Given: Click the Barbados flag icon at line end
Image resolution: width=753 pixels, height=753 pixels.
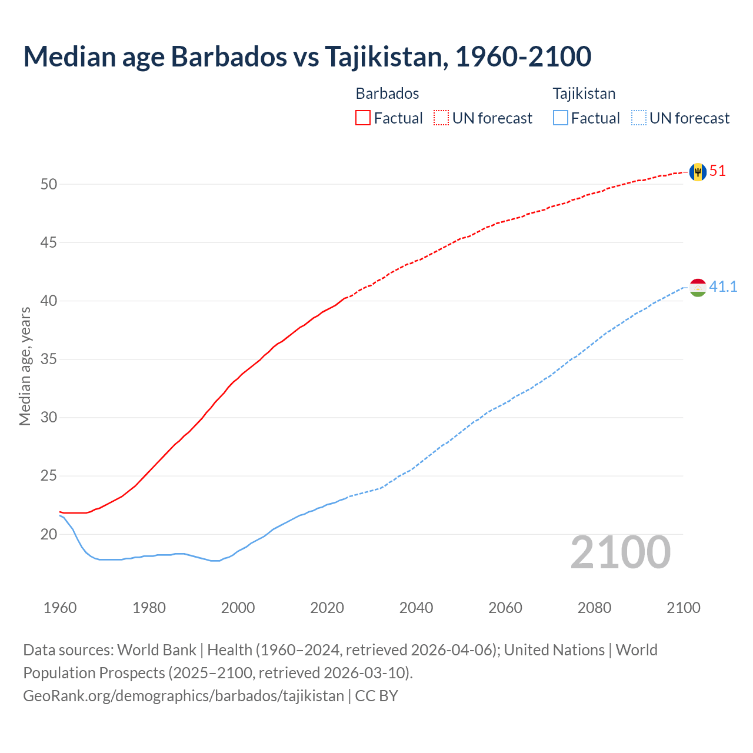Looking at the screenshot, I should [698, 172].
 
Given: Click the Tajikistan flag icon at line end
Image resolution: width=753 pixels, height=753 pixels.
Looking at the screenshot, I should [698, 288].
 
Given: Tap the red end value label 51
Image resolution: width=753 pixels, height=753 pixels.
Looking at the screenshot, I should [718, 171].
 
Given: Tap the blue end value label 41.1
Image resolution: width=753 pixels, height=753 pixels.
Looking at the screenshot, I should [723, 287].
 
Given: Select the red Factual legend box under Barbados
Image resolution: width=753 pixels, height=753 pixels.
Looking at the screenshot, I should [363, 118].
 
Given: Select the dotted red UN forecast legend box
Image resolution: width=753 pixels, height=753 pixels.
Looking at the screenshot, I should [441, 118].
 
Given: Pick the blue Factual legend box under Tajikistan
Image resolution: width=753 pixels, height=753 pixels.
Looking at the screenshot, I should [561, 118].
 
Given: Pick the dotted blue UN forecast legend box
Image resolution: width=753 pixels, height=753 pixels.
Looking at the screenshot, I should [638, 118].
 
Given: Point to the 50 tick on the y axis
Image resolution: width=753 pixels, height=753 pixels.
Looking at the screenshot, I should [49, 185].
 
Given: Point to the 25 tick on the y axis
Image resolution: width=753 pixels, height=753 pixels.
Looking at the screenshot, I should [49, 476].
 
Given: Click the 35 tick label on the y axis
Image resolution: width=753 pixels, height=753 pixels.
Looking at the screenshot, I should [49, 359].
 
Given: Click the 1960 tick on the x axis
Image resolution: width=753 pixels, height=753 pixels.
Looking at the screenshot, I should [60, 608].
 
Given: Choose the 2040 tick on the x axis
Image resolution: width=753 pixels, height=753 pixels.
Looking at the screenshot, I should [416, 608].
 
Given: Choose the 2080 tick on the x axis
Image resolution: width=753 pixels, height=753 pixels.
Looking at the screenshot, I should [594, 608].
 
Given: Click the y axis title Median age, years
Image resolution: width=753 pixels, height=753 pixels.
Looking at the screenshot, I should [25, 366].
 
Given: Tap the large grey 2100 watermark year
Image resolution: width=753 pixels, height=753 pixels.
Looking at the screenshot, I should [620, 552].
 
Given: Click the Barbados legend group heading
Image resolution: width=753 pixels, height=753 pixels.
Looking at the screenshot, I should [387, 94].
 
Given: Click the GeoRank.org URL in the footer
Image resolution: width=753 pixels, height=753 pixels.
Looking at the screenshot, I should [183, 696].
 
